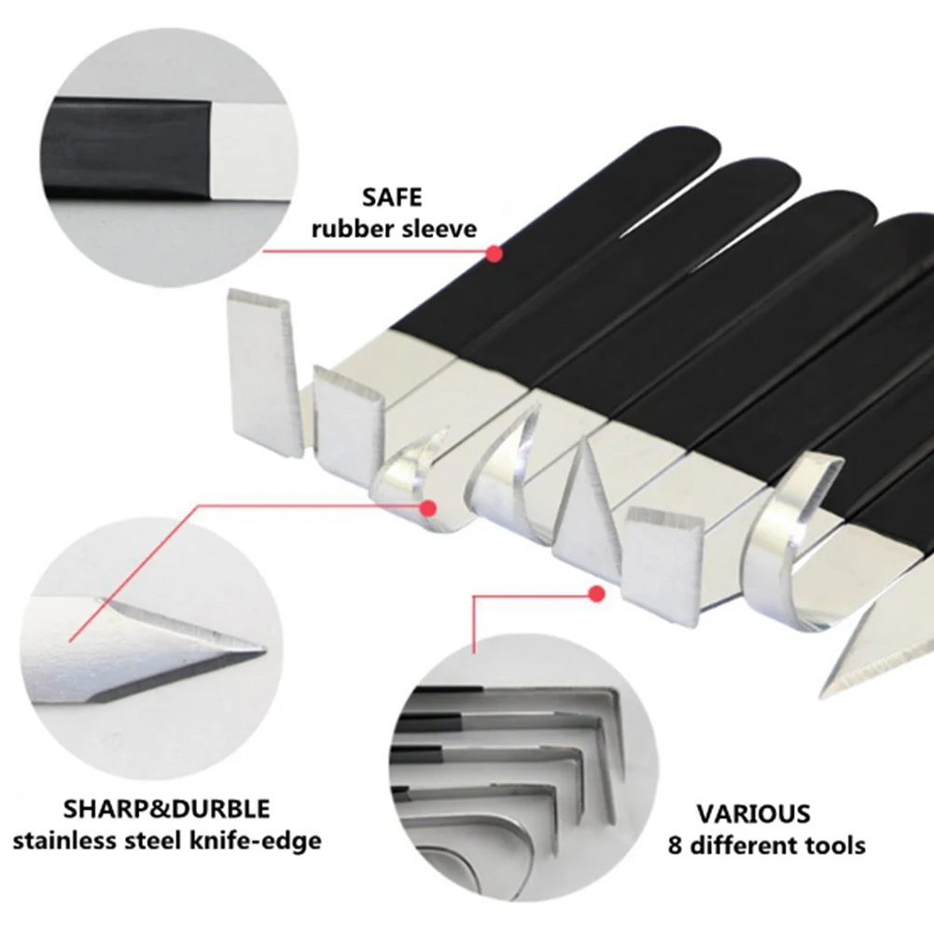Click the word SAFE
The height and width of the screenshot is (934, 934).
coord(392,198)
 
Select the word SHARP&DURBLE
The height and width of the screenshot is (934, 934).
coord(167,808)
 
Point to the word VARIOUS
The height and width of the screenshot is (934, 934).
coord(753,814)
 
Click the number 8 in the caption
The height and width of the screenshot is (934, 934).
coord(676,846)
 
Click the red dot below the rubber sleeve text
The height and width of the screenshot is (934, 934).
coord(495,253)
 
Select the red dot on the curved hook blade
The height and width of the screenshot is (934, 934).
coord(428,509)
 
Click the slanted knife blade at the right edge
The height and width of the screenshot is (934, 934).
coord(877,644)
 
